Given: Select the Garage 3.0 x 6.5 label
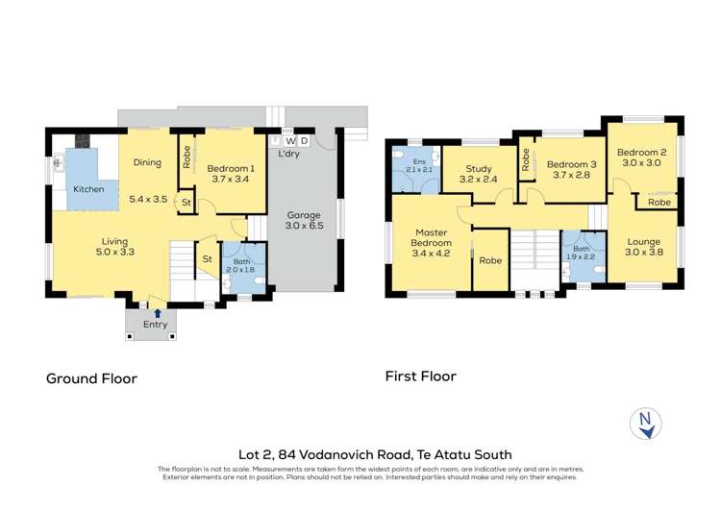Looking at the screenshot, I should [x=304, y=221].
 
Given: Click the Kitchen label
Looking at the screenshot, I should [x=88, y=189].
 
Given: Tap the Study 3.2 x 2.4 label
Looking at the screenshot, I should [x=479, y=174].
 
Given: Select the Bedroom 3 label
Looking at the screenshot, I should [x=574, y=169].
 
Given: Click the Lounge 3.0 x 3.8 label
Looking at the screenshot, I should [x=641, y=248].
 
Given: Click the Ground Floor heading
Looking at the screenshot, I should [x=92, y=378].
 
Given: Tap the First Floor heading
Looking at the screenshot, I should [x=420, y=376].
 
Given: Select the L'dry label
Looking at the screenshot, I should [x=289, y=154].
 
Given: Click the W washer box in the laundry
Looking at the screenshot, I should [x=289, y=141].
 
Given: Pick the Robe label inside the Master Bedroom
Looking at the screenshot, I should [x=491, y=259].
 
